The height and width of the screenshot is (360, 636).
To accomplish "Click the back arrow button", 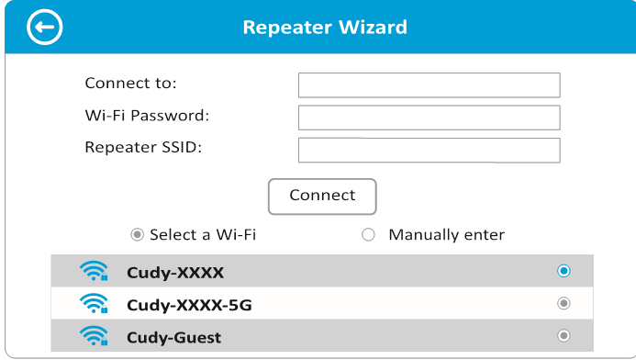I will [x=45, y=28].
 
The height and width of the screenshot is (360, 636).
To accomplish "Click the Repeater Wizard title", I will [x=325, y=28].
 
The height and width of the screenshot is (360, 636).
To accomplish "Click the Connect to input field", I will [x=430, y=84].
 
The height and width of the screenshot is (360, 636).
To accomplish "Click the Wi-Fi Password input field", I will [x=430, y=117].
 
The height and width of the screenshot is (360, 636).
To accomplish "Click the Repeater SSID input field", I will [x=430, y=150].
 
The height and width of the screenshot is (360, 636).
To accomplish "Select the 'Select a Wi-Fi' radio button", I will [x=138, y=234].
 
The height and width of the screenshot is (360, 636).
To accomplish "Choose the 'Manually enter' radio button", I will [x=369, y=234].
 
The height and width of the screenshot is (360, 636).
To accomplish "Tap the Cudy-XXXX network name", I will [x=175, y=273].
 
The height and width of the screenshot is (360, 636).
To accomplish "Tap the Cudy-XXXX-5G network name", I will [x=189, y=304].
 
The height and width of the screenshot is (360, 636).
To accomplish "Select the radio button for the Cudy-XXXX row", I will [x=563, y=271].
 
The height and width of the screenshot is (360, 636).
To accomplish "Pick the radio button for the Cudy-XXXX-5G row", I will [x=563, y=303].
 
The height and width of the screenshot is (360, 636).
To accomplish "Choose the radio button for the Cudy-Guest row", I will [x=563, y=335].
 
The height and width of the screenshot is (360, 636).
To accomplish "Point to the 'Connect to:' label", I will [x=130, y=84].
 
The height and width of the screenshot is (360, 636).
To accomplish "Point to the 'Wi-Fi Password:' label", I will [x=147, y=116].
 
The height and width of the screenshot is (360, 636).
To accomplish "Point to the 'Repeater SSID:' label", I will [x=143, y=147].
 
